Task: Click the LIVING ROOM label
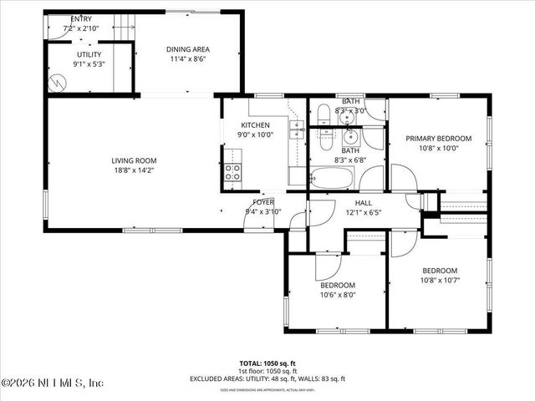(134, 160)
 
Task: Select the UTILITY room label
(89, 54)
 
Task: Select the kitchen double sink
(297, 129)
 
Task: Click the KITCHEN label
(255, 124)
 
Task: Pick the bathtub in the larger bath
(332, 177)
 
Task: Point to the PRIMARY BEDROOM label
(438, 139)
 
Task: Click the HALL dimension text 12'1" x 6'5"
(363, 212)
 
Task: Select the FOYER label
(263, 202)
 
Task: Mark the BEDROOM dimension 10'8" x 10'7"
(439, 280)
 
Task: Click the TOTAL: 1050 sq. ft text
(268, 363)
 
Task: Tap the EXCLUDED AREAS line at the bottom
(268, 378)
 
